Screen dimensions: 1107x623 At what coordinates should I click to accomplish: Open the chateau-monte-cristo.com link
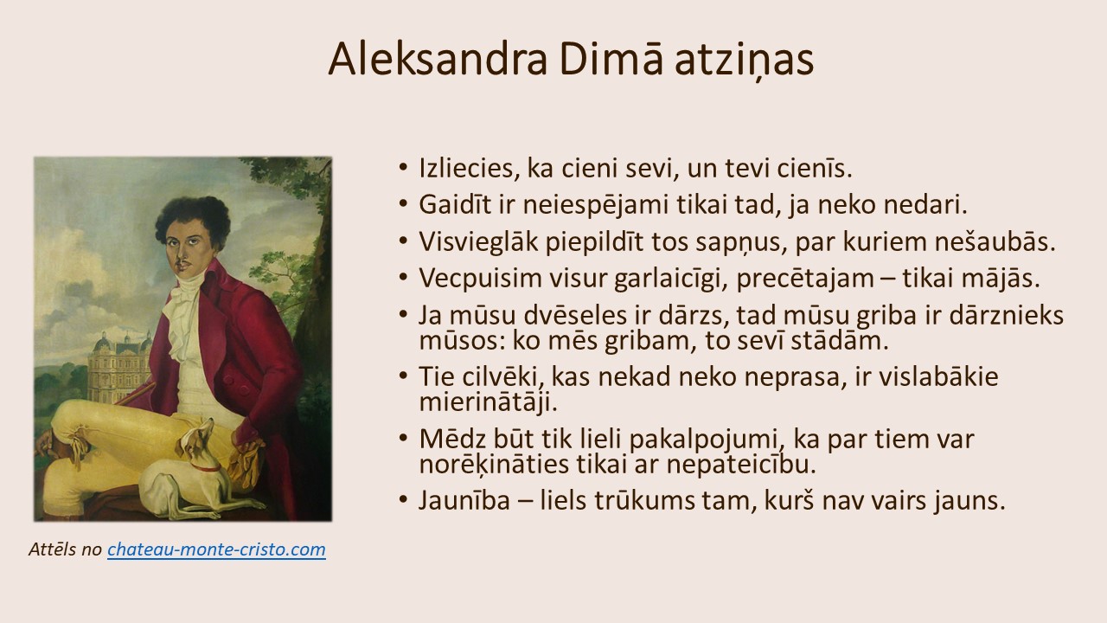(216, 549)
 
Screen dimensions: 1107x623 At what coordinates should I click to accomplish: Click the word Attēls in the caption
(53, 549)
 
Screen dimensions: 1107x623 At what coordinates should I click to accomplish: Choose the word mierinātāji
(489, 402)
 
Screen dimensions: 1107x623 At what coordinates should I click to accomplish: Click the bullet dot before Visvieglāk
(403, 241)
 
